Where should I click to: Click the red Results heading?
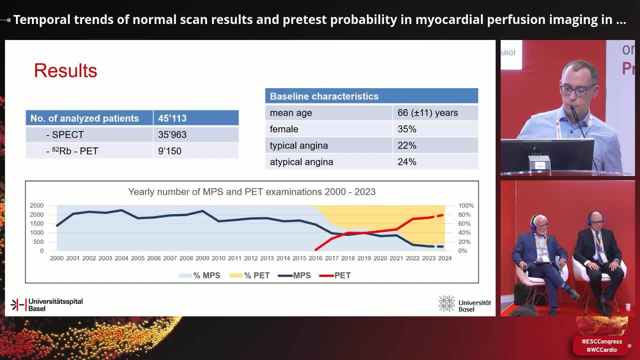tap(65, 70)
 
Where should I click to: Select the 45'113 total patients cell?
tap(172, 118)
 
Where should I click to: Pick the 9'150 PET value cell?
tap(169, 151)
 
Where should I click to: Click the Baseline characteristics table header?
tap(324, 96)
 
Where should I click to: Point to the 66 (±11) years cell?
tap(427, 112)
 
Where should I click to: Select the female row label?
tap(284, 129)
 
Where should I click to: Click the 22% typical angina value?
tap(407, 145)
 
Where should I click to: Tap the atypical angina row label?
tap(301, 162)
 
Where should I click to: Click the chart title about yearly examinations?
tap(251, 191)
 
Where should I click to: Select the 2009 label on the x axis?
tap(202, 258)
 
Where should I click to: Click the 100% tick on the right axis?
tap(466, 205)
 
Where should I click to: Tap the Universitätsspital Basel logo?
tap(46, 304)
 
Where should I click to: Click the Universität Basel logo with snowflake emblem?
tap(464, 304)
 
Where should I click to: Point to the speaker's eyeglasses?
tap(577, 90)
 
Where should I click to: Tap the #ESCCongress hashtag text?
tap(601, 342)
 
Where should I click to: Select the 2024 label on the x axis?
tap(444, 258)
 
